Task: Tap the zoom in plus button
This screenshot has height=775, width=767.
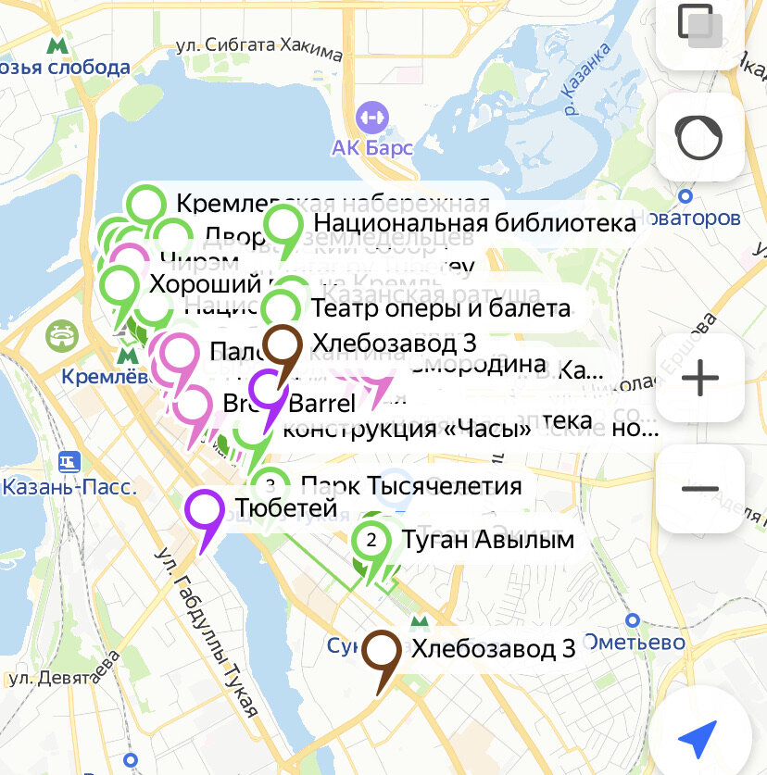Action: (700, 378)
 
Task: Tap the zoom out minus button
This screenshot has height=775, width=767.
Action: (700, 489)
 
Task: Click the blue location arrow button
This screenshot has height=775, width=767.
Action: (698, 738)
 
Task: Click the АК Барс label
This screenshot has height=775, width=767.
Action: (372, 148)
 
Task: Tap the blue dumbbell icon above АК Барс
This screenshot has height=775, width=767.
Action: (371, 119)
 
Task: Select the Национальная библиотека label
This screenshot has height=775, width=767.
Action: (475, 223)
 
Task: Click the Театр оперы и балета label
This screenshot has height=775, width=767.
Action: (441, 307)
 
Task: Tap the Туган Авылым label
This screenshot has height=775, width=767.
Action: (488, 539)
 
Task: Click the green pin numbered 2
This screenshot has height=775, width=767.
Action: (371, 540)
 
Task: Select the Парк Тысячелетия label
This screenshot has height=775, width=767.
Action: (412, 485)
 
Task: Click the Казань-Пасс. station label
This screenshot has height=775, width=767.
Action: (69, 486)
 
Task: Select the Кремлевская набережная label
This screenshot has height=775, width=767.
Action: (332, 204)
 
